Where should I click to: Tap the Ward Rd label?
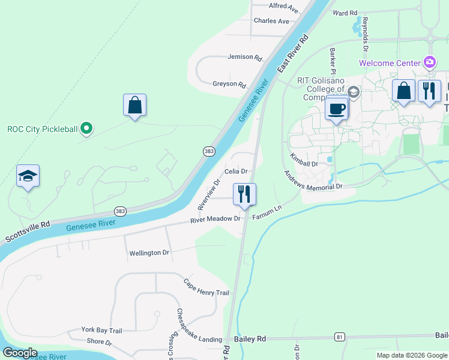(345, 13)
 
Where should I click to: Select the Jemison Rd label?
(245, 58)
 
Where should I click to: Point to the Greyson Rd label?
(229, 85)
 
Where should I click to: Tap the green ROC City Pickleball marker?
(86, 128)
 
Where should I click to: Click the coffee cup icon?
(336, 109)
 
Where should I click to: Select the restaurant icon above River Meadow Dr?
(244, 194)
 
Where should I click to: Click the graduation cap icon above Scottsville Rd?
(28, 176)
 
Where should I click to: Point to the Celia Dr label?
(236, 172)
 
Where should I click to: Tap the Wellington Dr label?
(149, 253)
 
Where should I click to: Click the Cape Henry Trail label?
(206, 287)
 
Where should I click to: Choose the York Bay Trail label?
(102, 331)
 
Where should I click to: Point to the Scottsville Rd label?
(28, 229)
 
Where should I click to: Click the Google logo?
(20, 353)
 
